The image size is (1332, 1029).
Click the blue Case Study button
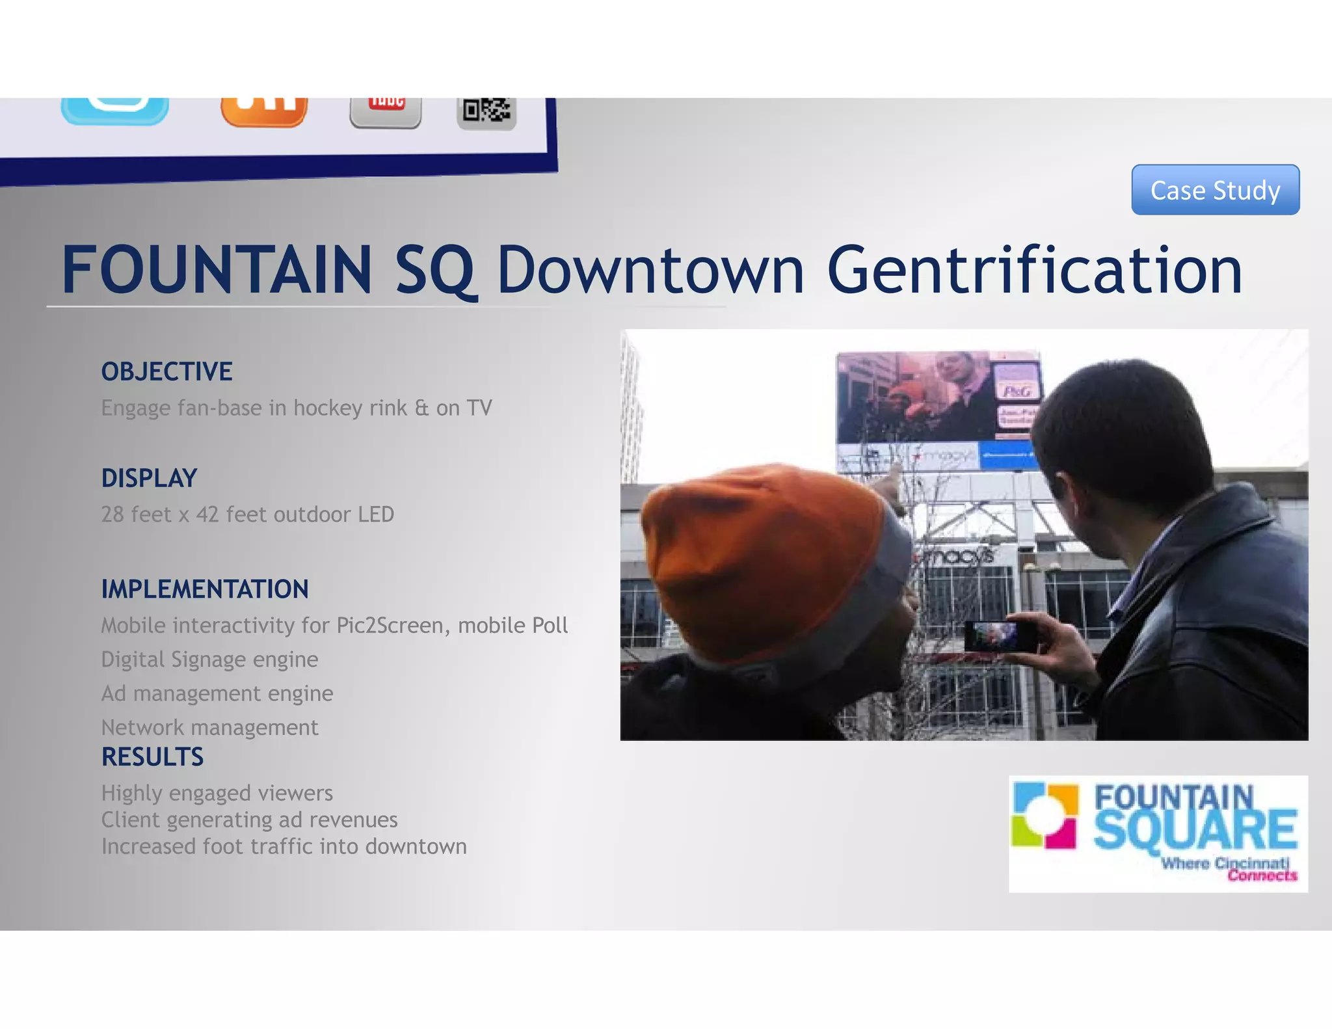tap(1215, 190)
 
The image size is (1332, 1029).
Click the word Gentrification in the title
tap(1034, 270)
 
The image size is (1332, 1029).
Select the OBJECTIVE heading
tap(166, 371)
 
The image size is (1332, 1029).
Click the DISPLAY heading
tap(149, 478)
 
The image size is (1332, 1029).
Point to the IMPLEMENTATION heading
tap(204, 589)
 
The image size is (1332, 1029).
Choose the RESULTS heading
tap(152, 757)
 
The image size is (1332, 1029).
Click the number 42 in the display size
tap(207, 514)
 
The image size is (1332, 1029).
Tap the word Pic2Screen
tap(390, 625)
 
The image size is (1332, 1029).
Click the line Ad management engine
tap(217, 693)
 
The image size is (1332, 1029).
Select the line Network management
tap(209, 727)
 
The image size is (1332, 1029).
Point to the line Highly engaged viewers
tap(217, 793)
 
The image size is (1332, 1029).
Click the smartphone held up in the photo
tap(1000, 635)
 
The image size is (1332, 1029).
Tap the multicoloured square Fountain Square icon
tap(1045, 816)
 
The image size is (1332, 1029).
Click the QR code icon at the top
tap(486, 112)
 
